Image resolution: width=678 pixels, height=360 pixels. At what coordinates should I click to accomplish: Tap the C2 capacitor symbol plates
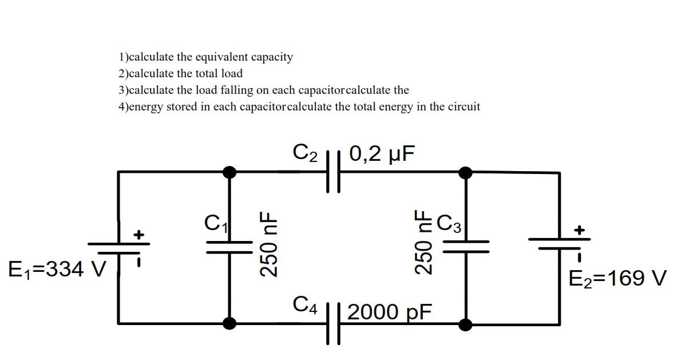pyautogui.click(x=333, y=171)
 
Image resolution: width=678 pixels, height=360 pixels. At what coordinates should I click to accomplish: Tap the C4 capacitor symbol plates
pyautogui.click(x=333, y=324)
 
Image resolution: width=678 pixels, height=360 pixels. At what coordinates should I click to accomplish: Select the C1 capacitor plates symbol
pyautogui.click(x=229, y=246)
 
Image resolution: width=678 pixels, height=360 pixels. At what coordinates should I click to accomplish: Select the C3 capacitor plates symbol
pyautogui.click(x=466, y=246)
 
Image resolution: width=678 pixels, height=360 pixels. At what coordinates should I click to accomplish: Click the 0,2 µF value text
pyautogui.click(x=381, y=153)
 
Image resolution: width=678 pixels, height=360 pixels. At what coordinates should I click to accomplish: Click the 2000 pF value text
pyautogui.click(x=389, y=312)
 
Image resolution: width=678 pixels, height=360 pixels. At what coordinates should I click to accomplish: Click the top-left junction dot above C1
pyautogui.click(x=229, y=171)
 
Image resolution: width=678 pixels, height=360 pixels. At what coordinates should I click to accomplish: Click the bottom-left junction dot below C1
pyautogui.click(x=229, y=324)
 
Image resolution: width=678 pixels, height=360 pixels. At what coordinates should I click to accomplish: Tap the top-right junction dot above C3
pyautogui.click(x=466, y=172)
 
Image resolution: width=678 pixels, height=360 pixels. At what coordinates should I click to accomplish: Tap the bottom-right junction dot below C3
pyautogui.click(x=466, y=325)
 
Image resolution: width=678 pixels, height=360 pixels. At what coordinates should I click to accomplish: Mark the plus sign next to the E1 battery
pyautogui.click(x=138, y=234)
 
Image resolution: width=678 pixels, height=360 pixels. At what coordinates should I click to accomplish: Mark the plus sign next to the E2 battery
pyautogui.click(x=580, y=230)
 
